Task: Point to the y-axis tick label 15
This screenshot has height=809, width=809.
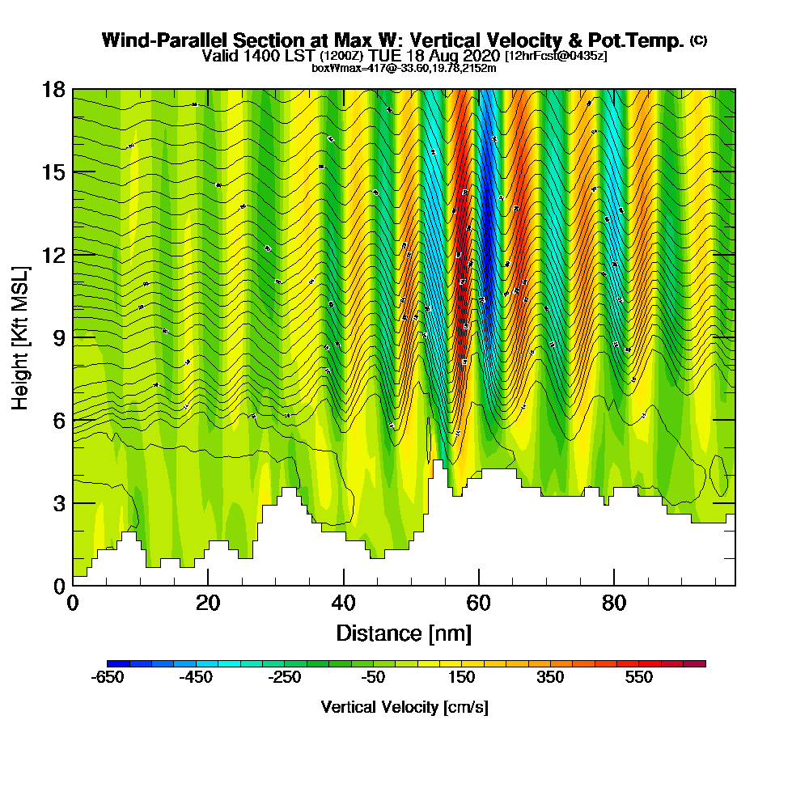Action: point(53,172)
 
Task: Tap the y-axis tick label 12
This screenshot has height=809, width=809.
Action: point(53,255)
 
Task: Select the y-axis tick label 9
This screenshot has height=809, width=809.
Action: point(58,337)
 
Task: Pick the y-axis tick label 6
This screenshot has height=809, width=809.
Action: point(58,420)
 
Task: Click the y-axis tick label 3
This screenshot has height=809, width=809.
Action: point(58,503)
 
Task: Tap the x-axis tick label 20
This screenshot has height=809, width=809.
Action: point(208,603)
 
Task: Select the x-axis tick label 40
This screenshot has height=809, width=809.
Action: point(344,603)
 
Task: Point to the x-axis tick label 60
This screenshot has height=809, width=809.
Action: point(479,603)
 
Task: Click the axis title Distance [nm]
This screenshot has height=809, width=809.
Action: point(404,633)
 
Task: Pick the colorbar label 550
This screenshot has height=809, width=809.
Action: point(639,678)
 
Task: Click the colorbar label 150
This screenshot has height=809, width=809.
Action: point(462,678)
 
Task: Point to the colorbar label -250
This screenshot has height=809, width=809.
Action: point(285,678)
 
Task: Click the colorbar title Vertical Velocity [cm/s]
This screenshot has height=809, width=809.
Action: point(404,708)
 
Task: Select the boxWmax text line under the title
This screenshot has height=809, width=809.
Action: point(404,68)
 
